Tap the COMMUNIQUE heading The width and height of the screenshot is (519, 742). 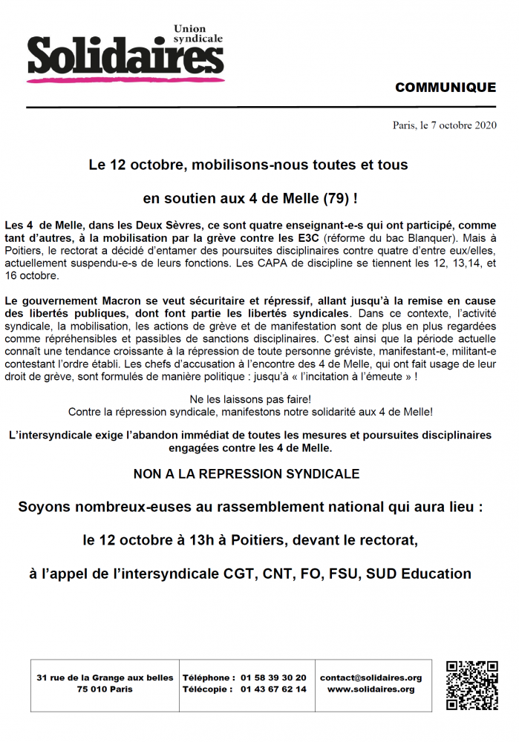coord(445,88)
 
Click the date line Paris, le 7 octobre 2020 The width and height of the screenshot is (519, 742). coord(444,125)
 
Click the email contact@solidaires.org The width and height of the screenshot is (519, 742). coord(371,677)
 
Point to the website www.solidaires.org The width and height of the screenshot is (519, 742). coord(371,689)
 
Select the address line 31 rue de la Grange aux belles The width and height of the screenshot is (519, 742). coord(105,677)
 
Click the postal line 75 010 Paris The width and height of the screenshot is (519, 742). coord(105,689)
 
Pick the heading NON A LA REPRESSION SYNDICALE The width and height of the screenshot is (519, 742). coord(247,473)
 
